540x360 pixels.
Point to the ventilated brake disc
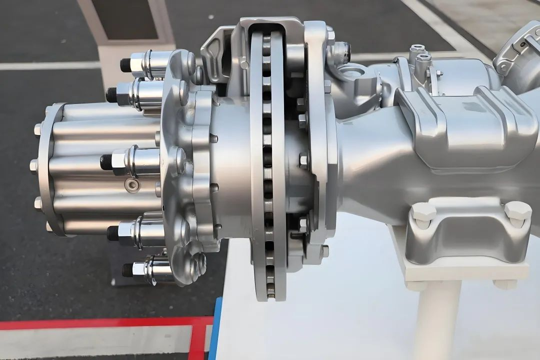coord(269,165)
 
